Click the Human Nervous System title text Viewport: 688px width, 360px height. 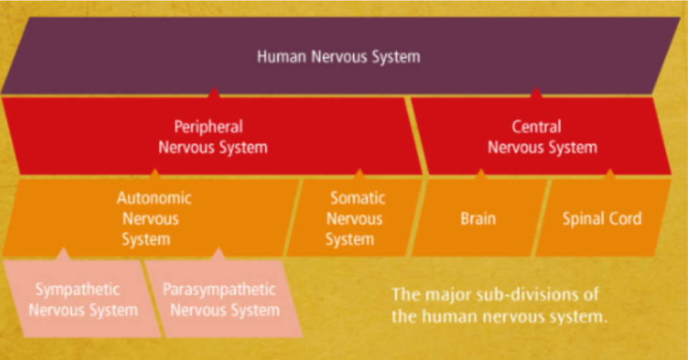tap(338, 56)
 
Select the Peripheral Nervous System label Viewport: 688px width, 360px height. tap(212, 136)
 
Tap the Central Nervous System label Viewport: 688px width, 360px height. tap(542, 136)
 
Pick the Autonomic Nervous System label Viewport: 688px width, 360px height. tap(153, 218)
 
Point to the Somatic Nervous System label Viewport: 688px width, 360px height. tap(355, 218)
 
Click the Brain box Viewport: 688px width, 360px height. tap(477, 218)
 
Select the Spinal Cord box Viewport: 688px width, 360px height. tap(601, 218)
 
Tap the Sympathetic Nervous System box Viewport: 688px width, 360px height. tap(83, 299)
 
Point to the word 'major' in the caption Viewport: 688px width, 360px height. tap(449, 293)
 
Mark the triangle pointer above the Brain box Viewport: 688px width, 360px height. tap(481, 174)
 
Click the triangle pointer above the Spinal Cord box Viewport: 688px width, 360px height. tap(609, 174)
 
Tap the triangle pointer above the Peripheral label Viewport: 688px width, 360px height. tap(213, 93)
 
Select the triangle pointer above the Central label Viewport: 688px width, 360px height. tap(536, 93)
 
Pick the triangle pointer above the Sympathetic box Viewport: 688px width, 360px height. tap(64, 254)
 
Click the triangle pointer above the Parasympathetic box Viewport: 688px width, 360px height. tap(219, 254)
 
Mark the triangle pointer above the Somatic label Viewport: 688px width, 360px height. tap(359, 174)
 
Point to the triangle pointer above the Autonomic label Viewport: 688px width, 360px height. tap(155, 174)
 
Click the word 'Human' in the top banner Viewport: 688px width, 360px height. tap(281, 56)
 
